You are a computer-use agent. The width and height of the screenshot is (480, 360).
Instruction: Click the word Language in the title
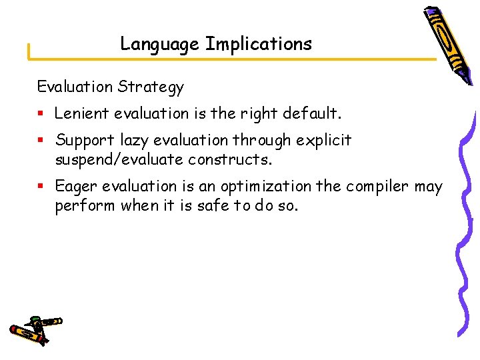159,45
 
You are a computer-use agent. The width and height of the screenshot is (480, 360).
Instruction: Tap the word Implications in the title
259,45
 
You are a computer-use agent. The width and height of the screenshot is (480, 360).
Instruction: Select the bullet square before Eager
41,187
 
